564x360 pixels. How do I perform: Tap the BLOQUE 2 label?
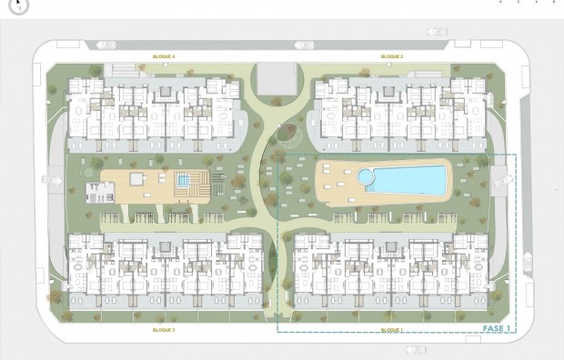[392, 56]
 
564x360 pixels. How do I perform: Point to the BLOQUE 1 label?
[392, 330]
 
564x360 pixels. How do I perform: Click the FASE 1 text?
[495, 326]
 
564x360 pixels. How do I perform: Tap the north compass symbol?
[17, 5]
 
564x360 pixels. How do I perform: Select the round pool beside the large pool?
[367, 175]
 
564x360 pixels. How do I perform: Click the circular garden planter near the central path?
[290, 135]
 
